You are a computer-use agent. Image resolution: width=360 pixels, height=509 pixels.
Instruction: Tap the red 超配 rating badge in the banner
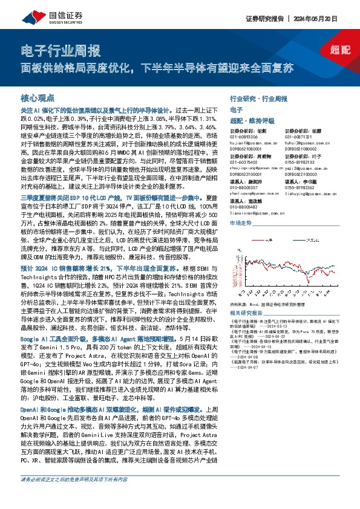[341, 51]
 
